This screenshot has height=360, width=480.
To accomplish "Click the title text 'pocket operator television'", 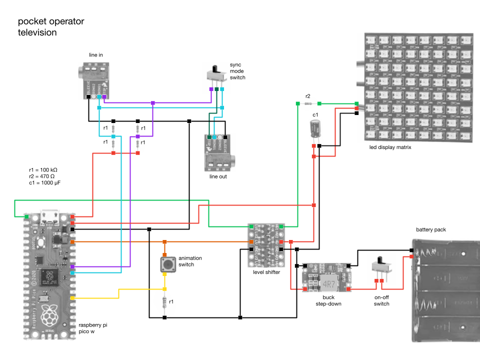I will coord(51,27).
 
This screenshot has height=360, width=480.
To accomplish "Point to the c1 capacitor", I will coord(315,128).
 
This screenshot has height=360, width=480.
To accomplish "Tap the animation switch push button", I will coord(166,264).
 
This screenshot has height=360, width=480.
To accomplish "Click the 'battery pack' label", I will coord(430,230).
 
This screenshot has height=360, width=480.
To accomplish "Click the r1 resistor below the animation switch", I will coord(165,303).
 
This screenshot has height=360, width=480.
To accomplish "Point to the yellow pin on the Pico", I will coord(72,298).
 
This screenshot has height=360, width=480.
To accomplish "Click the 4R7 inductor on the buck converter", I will coord(328,284).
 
